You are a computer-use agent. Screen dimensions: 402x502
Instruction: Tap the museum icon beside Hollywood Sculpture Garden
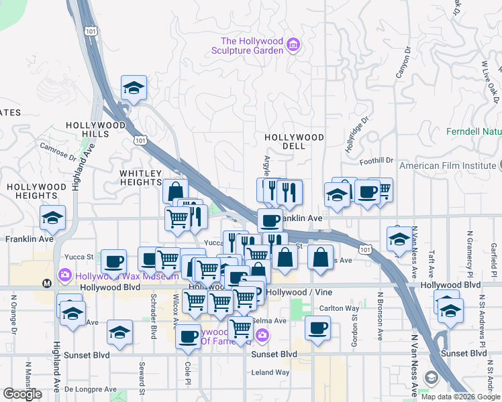(x=293, y=46)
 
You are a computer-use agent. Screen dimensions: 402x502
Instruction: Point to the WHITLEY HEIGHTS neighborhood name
(x=141, y=178)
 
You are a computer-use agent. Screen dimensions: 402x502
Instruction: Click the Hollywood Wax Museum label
(x=118, y=275)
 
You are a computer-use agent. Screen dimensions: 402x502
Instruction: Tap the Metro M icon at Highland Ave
(x=46, y=283)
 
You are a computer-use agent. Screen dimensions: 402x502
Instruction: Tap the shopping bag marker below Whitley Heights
(x=175, y=191)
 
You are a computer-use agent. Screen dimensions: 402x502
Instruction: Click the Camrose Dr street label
(x=58, y=152)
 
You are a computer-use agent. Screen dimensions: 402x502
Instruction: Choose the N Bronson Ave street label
(x=380, y=315)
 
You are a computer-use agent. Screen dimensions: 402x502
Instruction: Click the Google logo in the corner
(x=23, y=394)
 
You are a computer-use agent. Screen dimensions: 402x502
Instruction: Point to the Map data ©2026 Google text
(x=460, y=397)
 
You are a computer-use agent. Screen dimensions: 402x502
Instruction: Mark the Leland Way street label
(x=270, y=372)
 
